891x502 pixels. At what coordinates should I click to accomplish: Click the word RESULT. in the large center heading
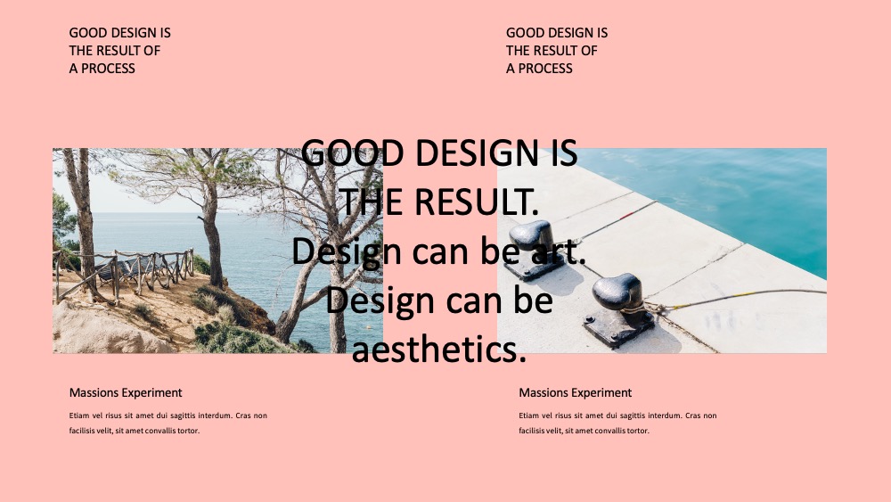(x=476, y=202)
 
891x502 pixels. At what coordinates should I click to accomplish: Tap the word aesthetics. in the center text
(x=438, y=349)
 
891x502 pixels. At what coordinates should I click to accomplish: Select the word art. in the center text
(x=559, y=251)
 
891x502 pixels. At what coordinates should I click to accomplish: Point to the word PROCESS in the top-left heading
(x=108, y=69)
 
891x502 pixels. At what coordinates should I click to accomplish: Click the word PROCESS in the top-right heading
(x=545, y=69)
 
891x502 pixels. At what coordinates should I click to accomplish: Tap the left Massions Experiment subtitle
(x=126, y=392)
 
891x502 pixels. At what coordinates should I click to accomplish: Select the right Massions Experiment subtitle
(x=575, y=392)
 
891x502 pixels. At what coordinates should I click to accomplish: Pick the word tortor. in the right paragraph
(x=638, y=431)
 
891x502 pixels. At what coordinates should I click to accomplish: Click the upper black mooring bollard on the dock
(x=534, y=249)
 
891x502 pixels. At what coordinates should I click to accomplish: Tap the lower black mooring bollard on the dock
(x=618, y=309)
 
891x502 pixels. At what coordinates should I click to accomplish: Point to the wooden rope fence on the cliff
(x=124, y=273)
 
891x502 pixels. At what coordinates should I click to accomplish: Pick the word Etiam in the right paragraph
(x=528, y=416)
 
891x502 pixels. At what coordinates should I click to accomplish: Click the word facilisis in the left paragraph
(x=82, y=431)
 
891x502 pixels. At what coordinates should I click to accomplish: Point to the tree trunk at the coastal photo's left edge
(x=83, y=222)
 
